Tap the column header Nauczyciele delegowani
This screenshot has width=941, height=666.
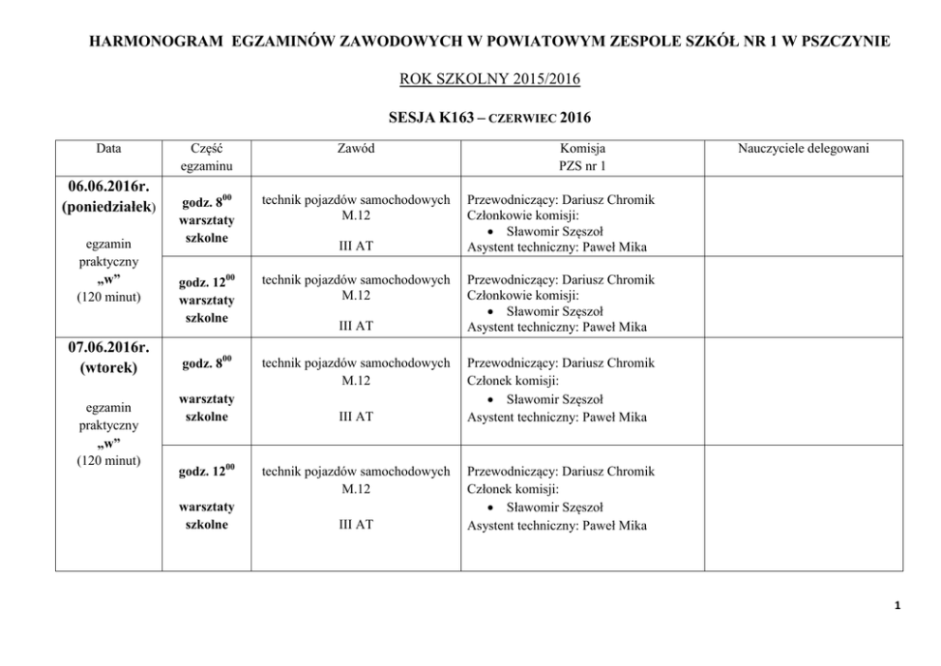pyautogui.click(x=803, y=148)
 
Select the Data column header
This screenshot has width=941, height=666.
pyautogui.click(x=108, y=148)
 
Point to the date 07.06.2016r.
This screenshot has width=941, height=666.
pyautogui.click(x=108, y=346)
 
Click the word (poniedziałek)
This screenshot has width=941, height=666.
pyautogui.click(x=108, y=208)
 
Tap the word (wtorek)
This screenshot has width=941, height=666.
pyautogui.click(x=108, y=366)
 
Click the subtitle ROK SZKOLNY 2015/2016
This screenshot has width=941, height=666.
pyautogui.click(x=470, y=79)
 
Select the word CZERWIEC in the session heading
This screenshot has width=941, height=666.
pyautogui.click(x=521, y=120)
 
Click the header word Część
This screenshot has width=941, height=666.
pyautogui.click(x=207, y=148)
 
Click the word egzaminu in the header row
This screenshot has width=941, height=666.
pyautogui.click(x=207, y=165)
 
